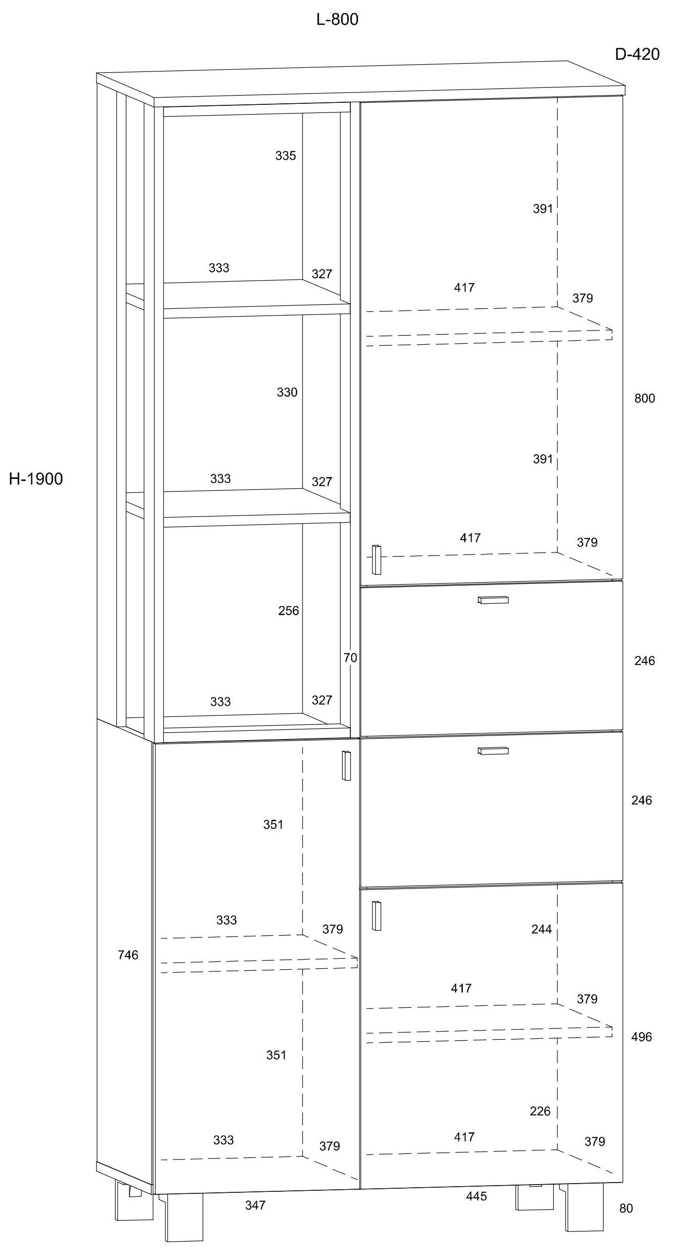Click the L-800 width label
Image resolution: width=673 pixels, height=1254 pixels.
[x=337, y=20]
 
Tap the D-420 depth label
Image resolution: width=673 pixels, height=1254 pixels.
[x=637, y=54]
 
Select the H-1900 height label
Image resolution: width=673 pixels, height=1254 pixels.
[x=36, y=479]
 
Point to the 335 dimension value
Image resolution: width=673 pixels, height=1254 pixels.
[x=286, y=156]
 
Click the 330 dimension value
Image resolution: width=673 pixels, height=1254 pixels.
[x=287, y=393]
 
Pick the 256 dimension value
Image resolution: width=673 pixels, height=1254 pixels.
[x=288, y=611]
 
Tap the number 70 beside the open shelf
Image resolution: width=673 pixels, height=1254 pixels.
[x=350, y=657]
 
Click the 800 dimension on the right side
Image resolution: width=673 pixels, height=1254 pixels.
[x=644, y=398]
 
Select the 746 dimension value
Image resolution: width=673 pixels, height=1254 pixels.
[x=128, y=954]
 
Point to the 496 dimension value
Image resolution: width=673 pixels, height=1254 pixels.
[x=641, y=1037]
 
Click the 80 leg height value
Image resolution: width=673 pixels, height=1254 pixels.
[x=626, y=1208]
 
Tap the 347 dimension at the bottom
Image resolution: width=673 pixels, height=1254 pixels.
[x=255, y=1205]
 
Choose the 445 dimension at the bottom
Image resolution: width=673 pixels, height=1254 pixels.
[x=476, y=1196]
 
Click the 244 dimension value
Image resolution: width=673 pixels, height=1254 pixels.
[x=541, y=929]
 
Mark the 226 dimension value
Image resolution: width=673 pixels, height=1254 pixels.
[x=540, y=1111]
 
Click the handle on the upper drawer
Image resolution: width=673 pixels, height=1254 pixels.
[x=493, y=600]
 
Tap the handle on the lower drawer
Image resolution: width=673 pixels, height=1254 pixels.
[x=493, y=751]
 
